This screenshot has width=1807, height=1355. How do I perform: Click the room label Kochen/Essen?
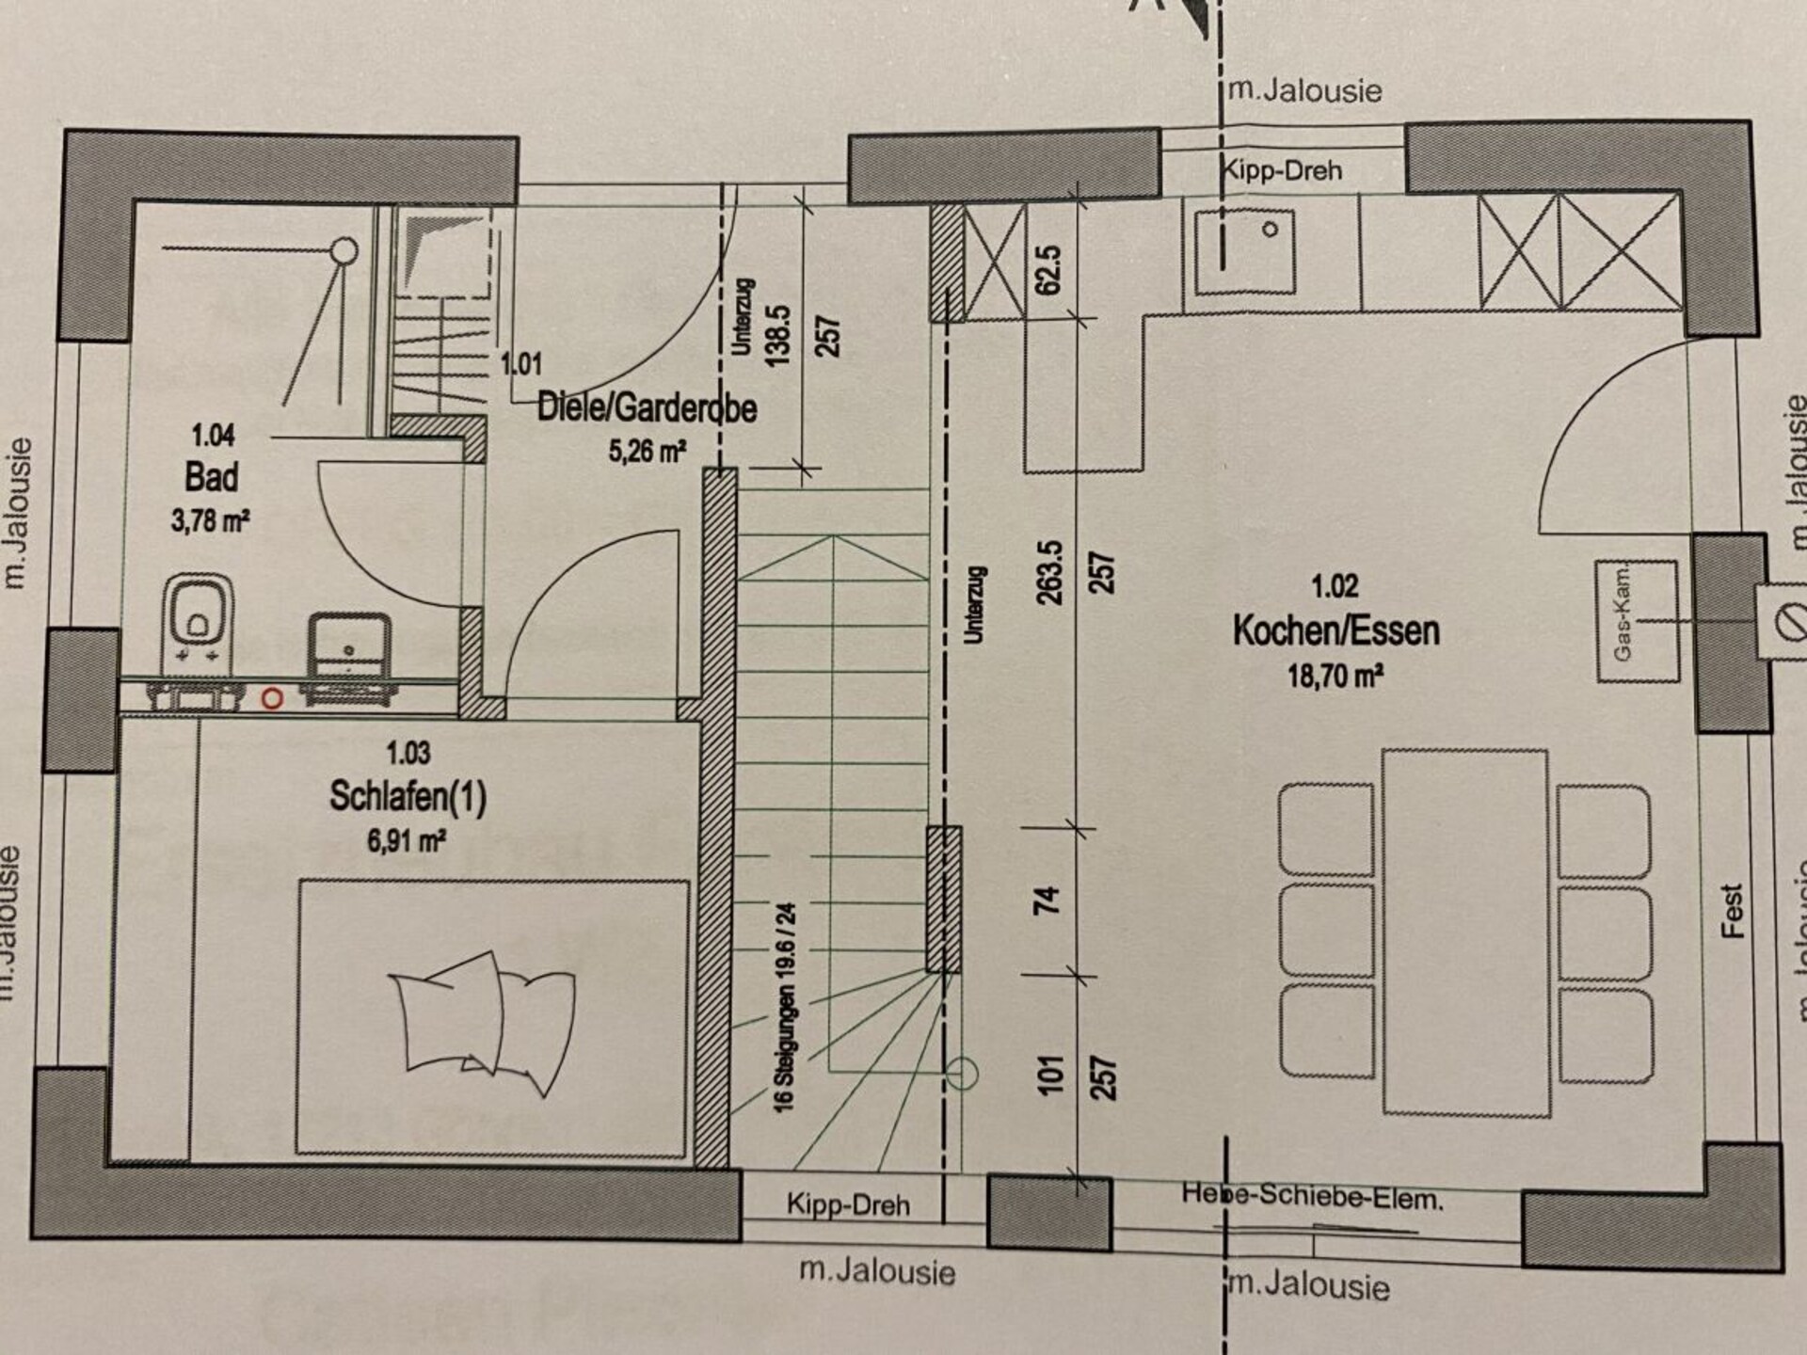coord(1336,630)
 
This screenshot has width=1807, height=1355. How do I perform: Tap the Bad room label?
coord(212,477)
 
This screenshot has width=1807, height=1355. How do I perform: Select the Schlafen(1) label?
coord(408,797)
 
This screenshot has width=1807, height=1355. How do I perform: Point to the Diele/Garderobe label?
coord(647,408)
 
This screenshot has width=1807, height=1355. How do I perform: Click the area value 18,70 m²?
coord(1335,676)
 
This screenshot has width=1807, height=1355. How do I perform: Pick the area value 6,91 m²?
coord(407,839)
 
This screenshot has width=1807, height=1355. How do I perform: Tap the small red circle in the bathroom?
coord(272,699)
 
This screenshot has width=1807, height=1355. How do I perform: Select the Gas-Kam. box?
coord(1638,621)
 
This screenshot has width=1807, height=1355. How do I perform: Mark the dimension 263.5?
coord(1050,572)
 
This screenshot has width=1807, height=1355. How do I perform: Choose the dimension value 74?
coord(1047,899)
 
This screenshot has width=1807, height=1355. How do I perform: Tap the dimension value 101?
coord(1049,1075)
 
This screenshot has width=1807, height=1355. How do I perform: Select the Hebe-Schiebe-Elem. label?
coord(1312,1197)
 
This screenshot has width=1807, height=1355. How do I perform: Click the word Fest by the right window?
coord(1733,911)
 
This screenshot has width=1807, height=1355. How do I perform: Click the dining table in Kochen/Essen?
coord(1465,933)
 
